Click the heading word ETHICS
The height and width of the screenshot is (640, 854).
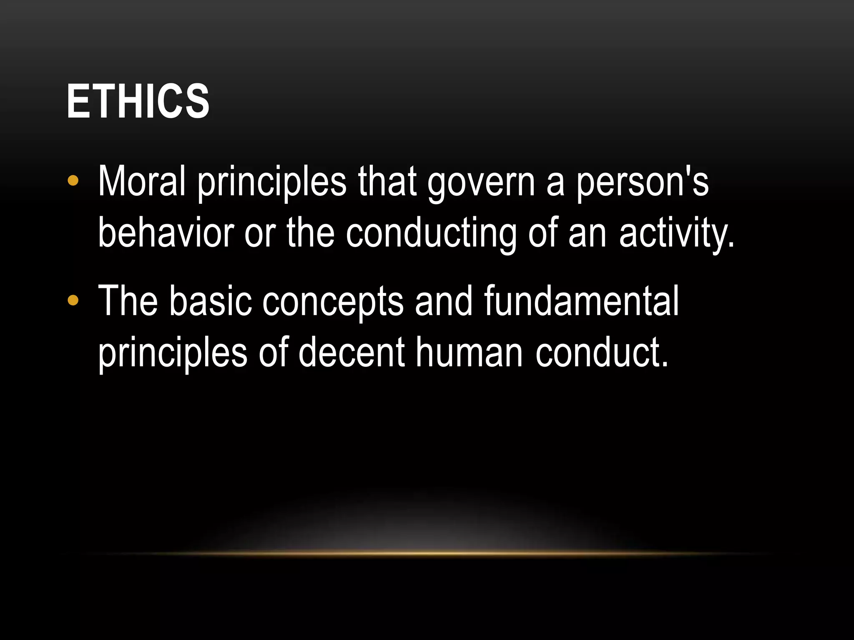point(138,101)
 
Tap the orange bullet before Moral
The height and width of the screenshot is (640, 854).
point(73,181)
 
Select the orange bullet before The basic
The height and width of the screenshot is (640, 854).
point(73,300)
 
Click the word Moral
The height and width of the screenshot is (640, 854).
point(141,182)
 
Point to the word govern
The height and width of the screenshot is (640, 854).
point(481,183)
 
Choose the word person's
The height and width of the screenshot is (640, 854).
point(642,183)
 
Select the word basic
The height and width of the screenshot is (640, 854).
point(211,301)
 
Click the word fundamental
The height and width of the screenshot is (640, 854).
point(581,301)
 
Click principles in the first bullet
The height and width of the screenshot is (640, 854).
point(271,183)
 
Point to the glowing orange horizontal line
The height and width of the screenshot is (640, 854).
point(427,553)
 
